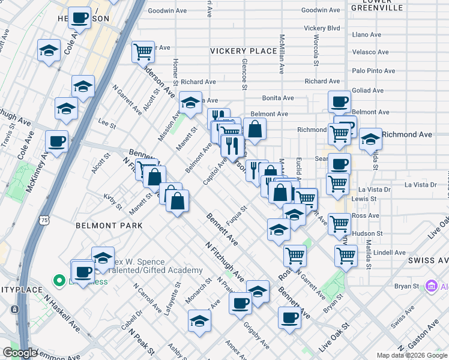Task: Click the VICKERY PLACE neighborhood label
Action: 243,51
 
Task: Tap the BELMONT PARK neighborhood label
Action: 109,226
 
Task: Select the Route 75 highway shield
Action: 46,221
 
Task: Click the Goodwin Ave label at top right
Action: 321,10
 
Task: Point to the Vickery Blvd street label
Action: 322,28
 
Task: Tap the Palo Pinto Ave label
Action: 373,71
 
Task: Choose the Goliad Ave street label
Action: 369,91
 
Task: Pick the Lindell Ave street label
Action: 389,253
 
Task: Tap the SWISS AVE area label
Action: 427,260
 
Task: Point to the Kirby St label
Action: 112,202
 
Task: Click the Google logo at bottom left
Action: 20,353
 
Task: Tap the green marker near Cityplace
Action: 59,280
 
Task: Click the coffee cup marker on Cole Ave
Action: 80,18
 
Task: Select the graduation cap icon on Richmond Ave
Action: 370,138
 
